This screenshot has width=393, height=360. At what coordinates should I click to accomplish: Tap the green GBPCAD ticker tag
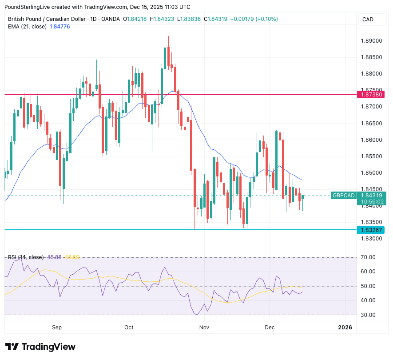(x=344, y=195)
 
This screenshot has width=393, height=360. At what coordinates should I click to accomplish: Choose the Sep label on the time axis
(x=56, y=328)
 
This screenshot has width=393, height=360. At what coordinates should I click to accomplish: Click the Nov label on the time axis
(x=204, y=328)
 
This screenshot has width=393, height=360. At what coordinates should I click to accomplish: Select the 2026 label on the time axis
(x=345, y=328)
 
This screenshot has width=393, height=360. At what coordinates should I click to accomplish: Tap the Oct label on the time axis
(x=129, y=328)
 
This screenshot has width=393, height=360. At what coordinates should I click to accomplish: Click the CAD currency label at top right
(x=368, y=19)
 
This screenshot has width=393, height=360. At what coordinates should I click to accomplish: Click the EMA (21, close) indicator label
(x=27, y=27)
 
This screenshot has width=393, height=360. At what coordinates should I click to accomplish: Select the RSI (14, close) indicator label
(x=26, y=257)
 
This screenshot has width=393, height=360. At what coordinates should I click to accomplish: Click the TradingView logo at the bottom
(x=40, y=347)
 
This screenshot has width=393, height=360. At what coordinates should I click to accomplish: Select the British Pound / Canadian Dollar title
(x=44, y=19)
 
